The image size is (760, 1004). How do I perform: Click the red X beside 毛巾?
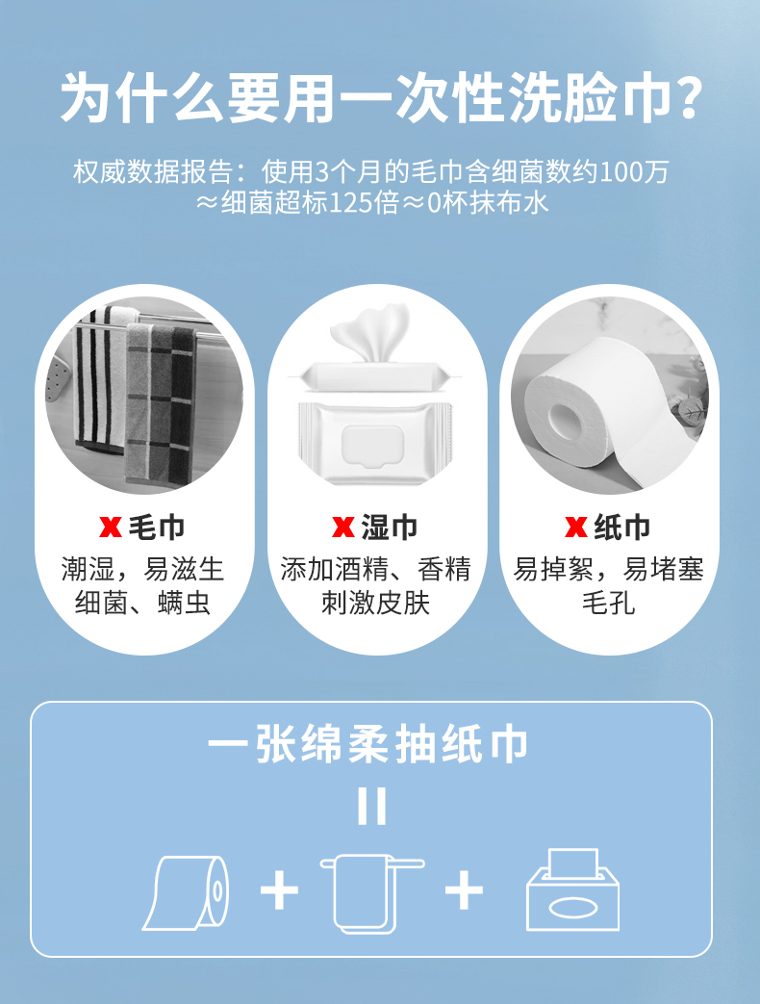pyautogui.click(x=110, y=528)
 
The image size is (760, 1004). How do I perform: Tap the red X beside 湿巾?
pyautogui.click(x=342, y=528)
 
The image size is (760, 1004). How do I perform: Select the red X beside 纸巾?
pyautogui.click(x=575, y=528)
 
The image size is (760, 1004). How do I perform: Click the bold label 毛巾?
pyautogui.click(x=157, y=528)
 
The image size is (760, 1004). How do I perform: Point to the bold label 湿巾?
pyautogui.click(x=390, y=528)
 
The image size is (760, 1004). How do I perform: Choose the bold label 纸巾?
pyautogui.click(x=622, y=528)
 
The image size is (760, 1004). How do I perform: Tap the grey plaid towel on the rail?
pyautogui.click(x=160, y=403)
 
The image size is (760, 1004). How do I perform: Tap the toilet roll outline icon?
pyautogui.click(x=186, y=893)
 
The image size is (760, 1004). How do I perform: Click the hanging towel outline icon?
pyautogui.click(x=371, y=893)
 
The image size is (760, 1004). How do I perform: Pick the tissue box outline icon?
pyautogui.click(x=572, y=890)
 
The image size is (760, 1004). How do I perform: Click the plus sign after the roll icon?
pyautogui.click(x=280, y=890)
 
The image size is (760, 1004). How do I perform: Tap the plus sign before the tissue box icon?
pyautogui.click(x=464, y=890)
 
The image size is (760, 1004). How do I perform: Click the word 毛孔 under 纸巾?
pyautogui.click(x=608, y=603)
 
